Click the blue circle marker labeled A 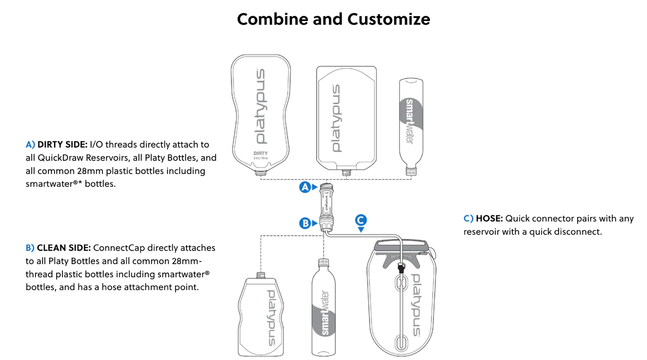pyautogui.click(x=305, y=187)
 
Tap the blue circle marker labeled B pyautogui.click(x=305, y=223)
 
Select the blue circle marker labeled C pyautogui.click(x=361, y=220)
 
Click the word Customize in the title pyautogui.click(x=388, y=19)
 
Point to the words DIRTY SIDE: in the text pyautogui.click(x=62, y=145)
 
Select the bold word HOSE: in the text pyautogui.click(x=489, y=218)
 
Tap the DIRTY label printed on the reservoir pyautogui.click(x=260, y=153)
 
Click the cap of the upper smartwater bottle pyautogui.click(x=411, y=172)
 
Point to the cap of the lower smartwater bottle pyautogui.click(x=323, y=262)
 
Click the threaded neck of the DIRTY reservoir pyautogui.click(x=260, y=173)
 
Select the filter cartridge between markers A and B pyautogui.click(x=326, y=205)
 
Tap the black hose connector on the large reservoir pyautogui.click(x=401, y=267)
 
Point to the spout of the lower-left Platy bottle pyautogui.click(x=261, y=275)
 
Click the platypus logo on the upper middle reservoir pyautogui.click(x=336, y=118)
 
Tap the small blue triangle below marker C pyautogui.click(x=361, y=230)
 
